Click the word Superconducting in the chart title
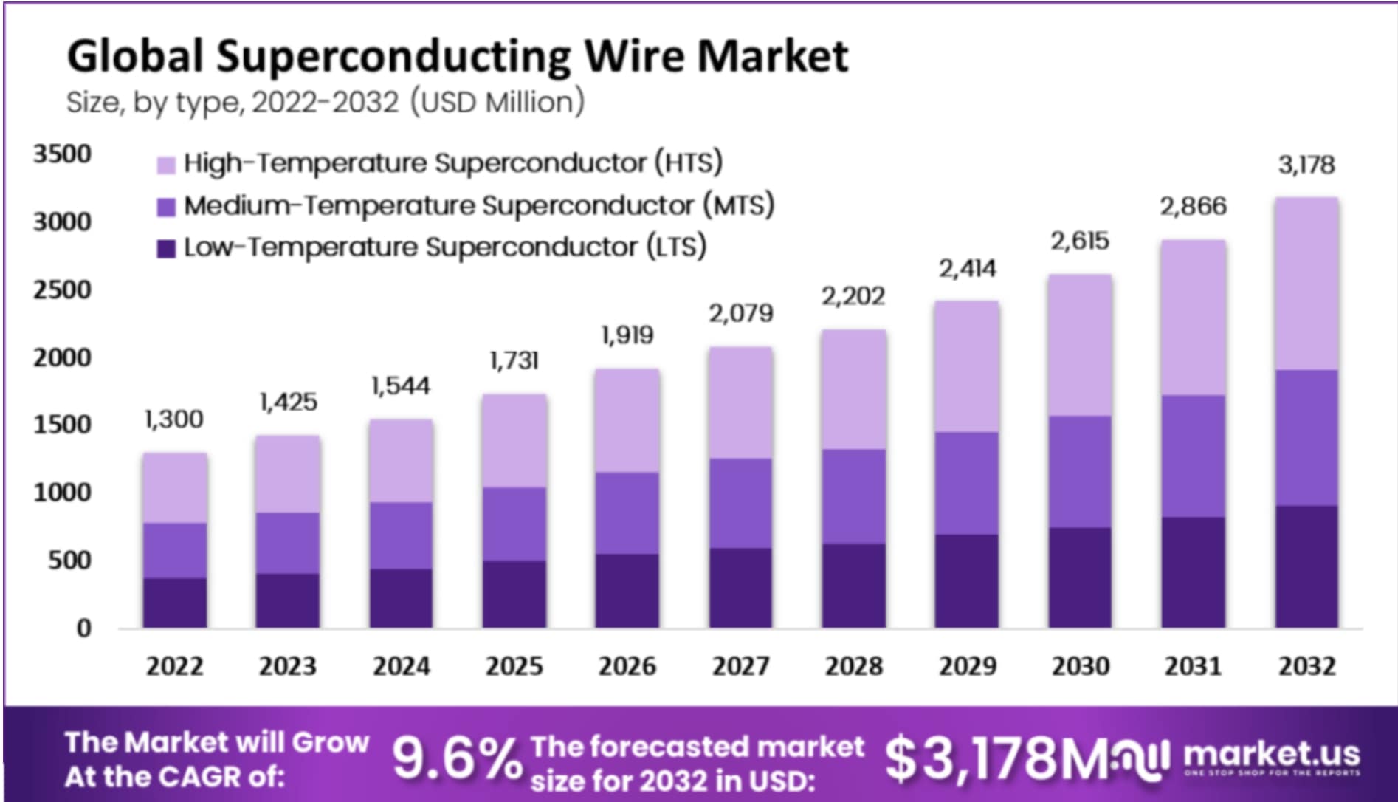(x=393, y=58)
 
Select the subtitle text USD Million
(x=497, y=102)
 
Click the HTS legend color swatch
(x=166, y=165)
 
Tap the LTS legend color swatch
(x=166, y=249)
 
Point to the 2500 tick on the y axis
(x=62, y=289)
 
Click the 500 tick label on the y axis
(x=69, y=561)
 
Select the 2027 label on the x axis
(x=740, y=666)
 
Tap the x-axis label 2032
(x=1306, y=666)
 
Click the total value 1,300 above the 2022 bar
(x=174, y=419)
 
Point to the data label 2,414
(x=967, y=269)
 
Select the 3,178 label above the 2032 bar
(x=1306, y=165)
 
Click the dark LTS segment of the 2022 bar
(x=175, y=603)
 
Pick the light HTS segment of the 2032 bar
(x=1306, y=284)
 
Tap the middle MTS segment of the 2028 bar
(x=854, y=496)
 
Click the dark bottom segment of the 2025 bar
(x=514, y=594)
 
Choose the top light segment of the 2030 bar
(x=1080, y=346)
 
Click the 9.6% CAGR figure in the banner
(x=456, y=759)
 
